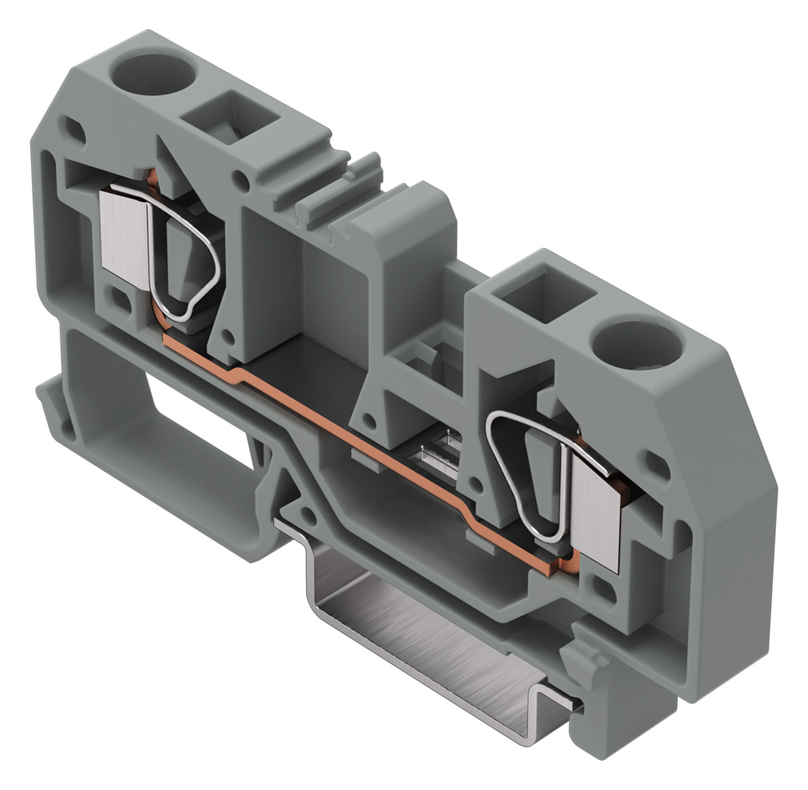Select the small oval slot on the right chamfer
tap(656, 463)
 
